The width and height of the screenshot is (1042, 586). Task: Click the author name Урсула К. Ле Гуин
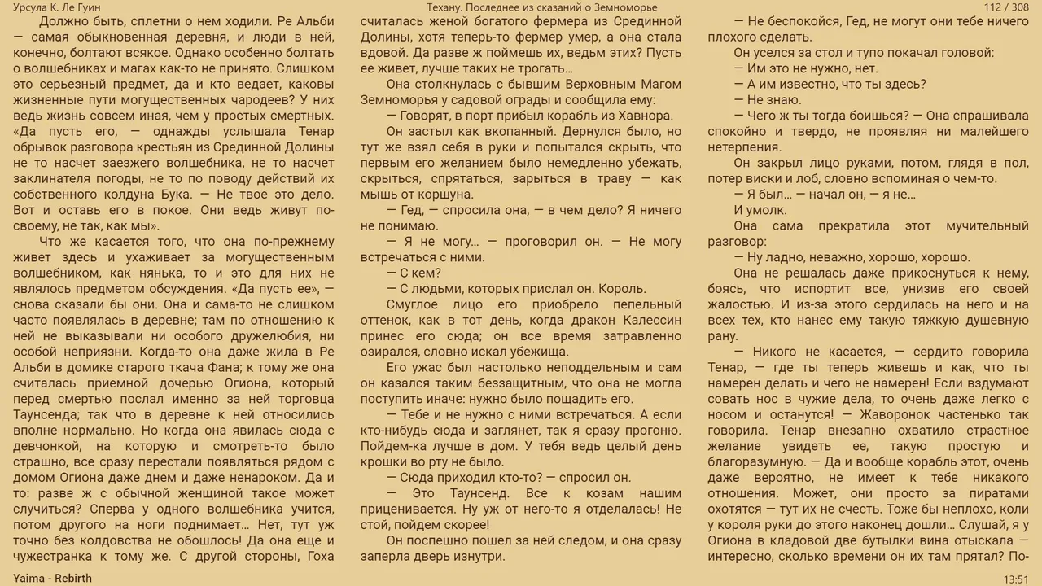point(57,7)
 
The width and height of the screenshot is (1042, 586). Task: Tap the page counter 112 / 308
point(1006,7)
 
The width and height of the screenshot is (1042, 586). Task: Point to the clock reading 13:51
point(1016,579)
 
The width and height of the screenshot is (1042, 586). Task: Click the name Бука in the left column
point(175,195)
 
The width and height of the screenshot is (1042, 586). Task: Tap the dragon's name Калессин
point(652,321)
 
